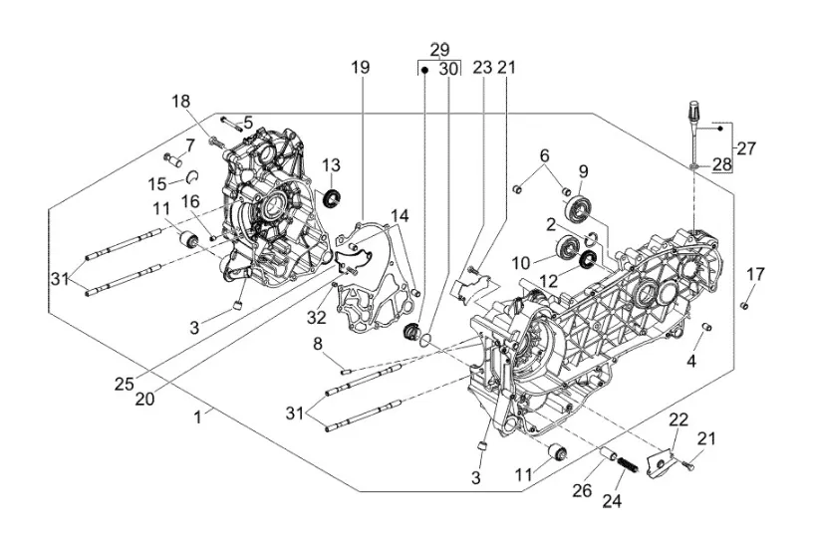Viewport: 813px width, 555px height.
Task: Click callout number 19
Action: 360,68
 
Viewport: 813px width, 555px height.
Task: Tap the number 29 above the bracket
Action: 439,50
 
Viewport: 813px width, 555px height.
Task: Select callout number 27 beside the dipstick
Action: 746,148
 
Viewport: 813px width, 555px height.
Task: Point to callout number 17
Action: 756,274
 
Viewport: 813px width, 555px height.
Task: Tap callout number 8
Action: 318,345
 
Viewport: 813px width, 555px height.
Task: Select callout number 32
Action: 317,318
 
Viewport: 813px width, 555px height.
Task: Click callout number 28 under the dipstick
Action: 719,164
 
